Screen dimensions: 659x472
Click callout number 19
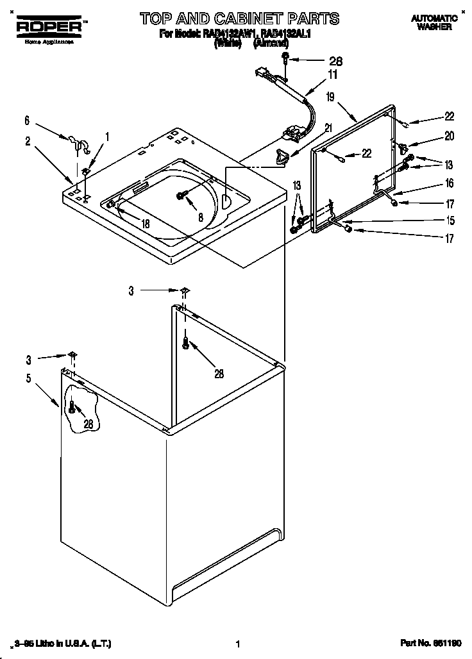(x=330, y=97)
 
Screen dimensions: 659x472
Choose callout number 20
(x=449, y=136)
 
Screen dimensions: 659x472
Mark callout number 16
(x=449, y=184)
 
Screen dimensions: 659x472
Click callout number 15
(x=450, y=221)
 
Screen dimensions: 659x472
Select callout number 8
(x=201, y=217)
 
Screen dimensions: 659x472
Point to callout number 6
(x=27, y=120)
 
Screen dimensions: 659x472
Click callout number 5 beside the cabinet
(x=28, y=378)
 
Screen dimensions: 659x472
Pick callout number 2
(x=28, y=142)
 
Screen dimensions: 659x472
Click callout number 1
(x=107, y=136)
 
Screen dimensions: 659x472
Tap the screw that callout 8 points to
(x=181, y=195)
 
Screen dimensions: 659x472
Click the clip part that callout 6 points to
(x=76, y=142)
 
